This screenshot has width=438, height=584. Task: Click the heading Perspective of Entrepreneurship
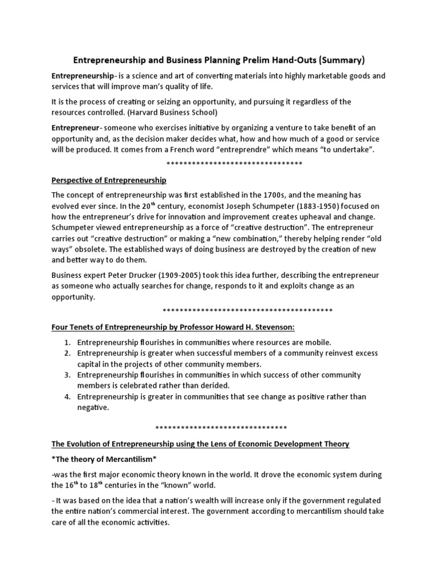click(109, 180)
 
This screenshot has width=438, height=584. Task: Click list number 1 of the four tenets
click(67, 342)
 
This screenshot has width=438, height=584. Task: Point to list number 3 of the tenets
click(67, 375)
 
